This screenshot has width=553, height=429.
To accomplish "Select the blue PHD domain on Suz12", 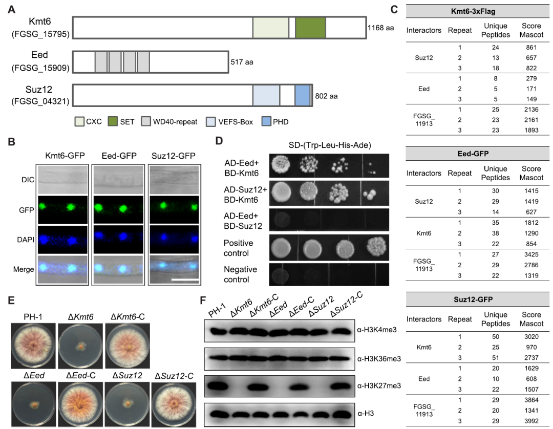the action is coord(302,96).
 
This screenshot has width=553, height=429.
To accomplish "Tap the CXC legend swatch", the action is coord(80,122).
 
